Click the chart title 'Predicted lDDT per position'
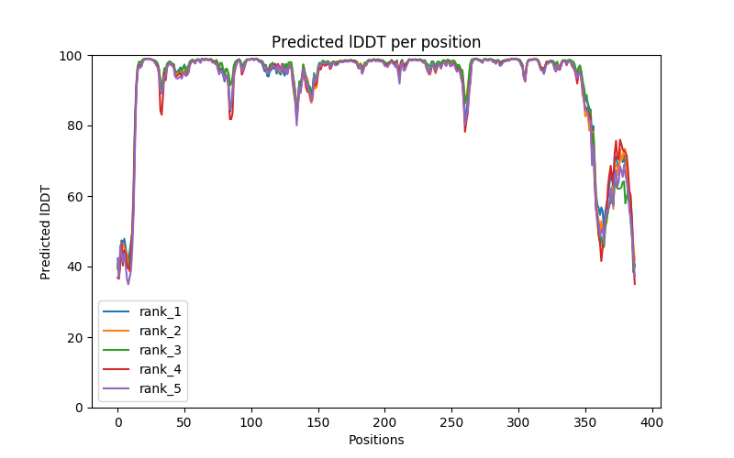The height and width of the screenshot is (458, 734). click(375, 42)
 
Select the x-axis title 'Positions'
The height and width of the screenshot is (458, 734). click(375, 440)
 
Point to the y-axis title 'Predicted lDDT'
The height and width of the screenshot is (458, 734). click(46, 231)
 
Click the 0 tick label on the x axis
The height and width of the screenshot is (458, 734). click(117, 421)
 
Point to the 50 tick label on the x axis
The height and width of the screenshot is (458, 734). click(184, 421)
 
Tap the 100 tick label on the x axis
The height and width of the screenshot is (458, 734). click(251, 421)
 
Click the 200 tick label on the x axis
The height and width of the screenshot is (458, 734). click(384, 421)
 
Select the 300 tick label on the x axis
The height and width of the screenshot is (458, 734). click(518, 421)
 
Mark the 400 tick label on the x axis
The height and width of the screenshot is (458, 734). click(651, 421)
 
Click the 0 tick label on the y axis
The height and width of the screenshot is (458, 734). click(78, 408)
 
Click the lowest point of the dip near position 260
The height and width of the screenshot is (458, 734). click(465, 131)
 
